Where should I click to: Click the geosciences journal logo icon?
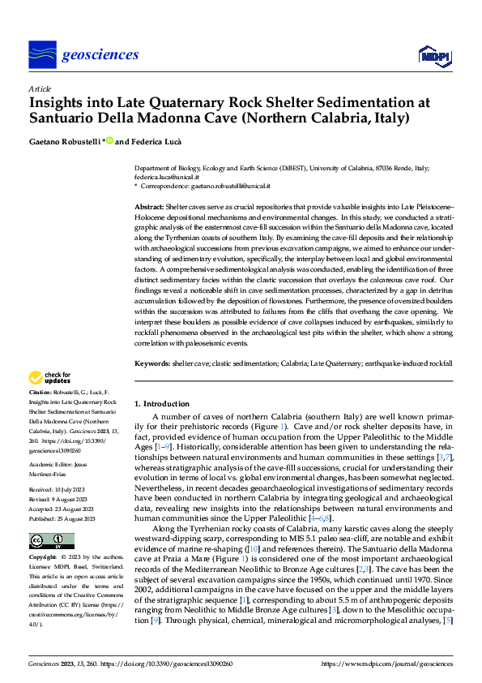pyautogui.click(x=42, y=54)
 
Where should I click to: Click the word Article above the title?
pyautogui.click(x=41, y=88)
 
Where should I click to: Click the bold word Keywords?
pyautogui.click(x=151, y=364)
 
